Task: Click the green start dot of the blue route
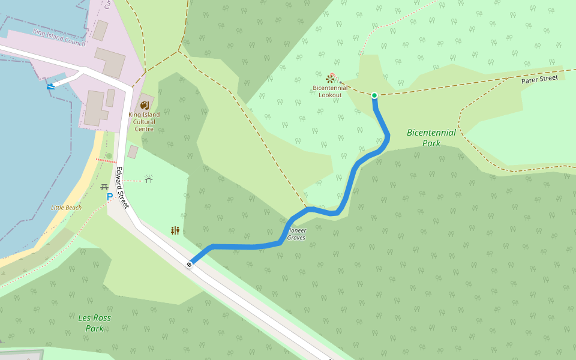coord(374,95)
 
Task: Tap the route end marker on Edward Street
coord(190,264)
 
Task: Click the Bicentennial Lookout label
coord(330,91)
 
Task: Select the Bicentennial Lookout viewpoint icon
coord(330,79)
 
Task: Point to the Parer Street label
coord(539,79)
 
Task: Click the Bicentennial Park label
coord(431,138)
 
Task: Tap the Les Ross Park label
coord(94,323)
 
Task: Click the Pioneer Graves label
coord(296,234)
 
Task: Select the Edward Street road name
coord(122,187)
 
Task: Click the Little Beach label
coord(66,208)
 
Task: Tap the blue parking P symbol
coord(110,196)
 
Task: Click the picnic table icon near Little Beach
coord(104,187)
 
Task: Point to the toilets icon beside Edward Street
coord(175,230)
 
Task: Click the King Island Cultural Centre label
coord(144,122)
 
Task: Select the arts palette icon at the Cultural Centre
coord(144,106)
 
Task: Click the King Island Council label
coord(59,37)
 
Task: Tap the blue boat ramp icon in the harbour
coord(51,86)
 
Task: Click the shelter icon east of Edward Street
coord(149,179)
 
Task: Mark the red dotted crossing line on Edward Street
coord(106,161)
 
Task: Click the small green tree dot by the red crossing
coord(109,155)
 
